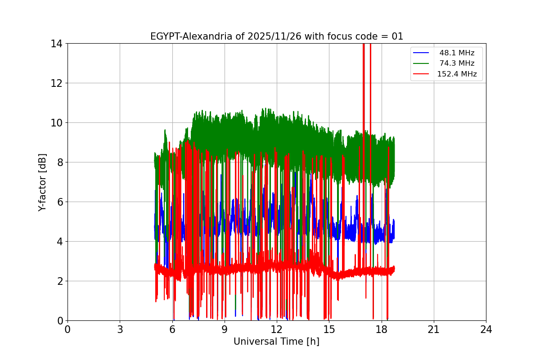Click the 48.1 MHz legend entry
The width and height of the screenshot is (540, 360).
click(457, 53)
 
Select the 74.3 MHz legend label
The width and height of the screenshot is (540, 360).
click(457, 63)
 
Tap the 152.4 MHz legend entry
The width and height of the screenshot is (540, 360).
click(457, 74)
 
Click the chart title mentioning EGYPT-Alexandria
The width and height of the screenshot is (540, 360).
click(276, 36)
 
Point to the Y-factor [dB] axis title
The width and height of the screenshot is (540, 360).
click(42, 182)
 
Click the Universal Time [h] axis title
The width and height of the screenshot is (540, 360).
click(276, 342)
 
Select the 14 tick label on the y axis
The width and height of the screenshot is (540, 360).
click(57, 44)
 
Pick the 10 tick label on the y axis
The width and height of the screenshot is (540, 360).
click(57, 123)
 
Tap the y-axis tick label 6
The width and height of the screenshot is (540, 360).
click(59, 202)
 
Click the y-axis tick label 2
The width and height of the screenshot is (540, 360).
click(59, 281)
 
